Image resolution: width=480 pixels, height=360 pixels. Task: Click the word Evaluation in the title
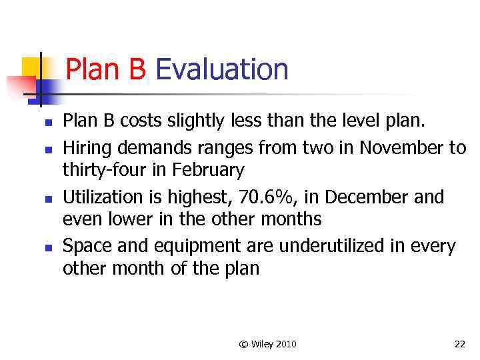click(x=221, y=69)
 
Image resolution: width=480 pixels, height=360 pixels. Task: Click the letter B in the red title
click(x=137, y=69)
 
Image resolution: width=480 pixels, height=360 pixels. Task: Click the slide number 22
click(x=459, y=344)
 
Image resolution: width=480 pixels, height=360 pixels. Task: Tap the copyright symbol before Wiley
click(x=243, y=344)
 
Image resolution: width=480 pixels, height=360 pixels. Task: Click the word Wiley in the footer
click(x=261, y=344)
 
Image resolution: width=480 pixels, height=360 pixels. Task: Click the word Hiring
click(x=84, y=148)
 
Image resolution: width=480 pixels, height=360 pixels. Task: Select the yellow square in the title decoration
click(x=31, y=67)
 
